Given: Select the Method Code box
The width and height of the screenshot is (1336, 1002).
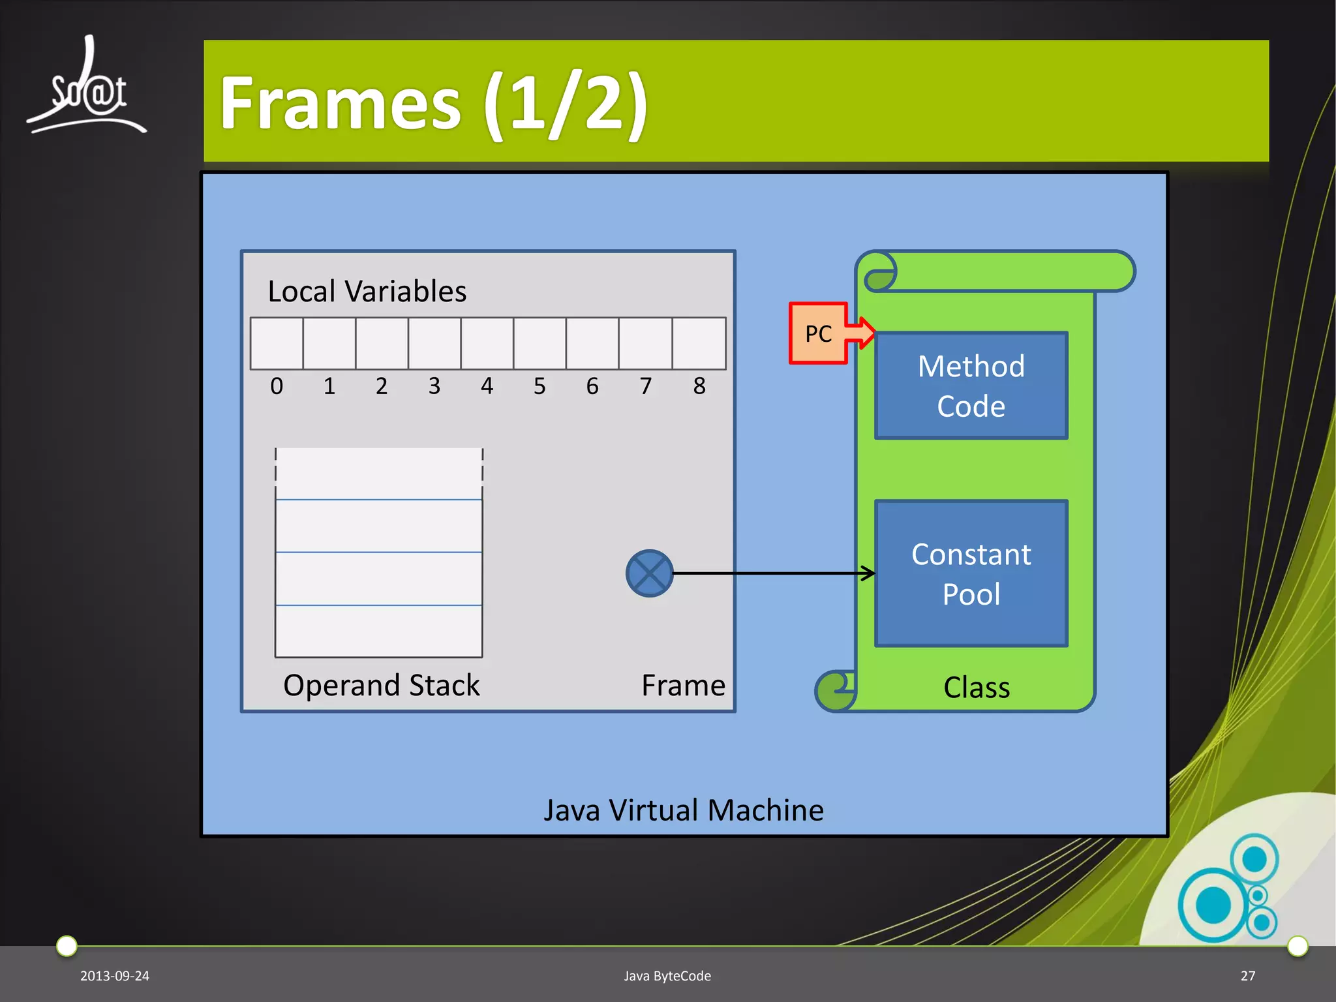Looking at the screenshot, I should [x=971, y=386].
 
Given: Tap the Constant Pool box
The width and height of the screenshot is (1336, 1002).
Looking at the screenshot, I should [x=971, y=573].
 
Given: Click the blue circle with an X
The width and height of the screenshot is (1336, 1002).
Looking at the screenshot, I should [x=649, y=573].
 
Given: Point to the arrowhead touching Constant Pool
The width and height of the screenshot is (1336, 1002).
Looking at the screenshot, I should [x=869, y=573].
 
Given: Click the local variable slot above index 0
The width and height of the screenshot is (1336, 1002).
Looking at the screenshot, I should [x=277, y=344].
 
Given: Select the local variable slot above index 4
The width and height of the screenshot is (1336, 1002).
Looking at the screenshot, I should [x=487, y=344].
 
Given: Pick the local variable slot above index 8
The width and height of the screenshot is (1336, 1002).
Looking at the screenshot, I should [x=699, y=344].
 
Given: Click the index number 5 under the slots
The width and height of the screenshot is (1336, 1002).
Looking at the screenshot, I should [x=539, y=386].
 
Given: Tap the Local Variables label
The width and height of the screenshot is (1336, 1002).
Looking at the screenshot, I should [x=367, y=291].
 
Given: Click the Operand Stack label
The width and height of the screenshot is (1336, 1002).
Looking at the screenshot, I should [x=382, y=685].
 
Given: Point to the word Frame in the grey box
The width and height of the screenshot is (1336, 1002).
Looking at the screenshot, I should [x=683, y=685].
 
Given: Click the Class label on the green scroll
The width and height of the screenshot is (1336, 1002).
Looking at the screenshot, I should [x=977, y=688].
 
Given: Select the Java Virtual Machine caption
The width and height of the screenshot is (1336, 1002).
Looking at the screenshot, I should [x=684, y=810].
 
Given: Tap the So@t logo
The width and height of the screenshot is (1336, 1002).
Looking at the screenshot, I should [x=87, y=88].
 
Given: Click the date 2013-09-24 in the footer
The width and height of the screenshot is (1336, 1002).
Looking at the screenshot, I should [x=115, y=976].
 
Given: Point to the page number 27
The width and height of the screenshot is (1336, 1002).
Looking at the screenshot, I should [x=1248, y=976].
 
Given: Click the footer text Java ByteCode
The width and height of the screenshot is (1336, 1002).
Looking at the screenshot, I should [x=667, y=976].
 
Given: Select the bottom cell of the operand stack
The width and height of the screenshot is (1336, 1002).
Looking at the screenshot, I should [x=379, y=631].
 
